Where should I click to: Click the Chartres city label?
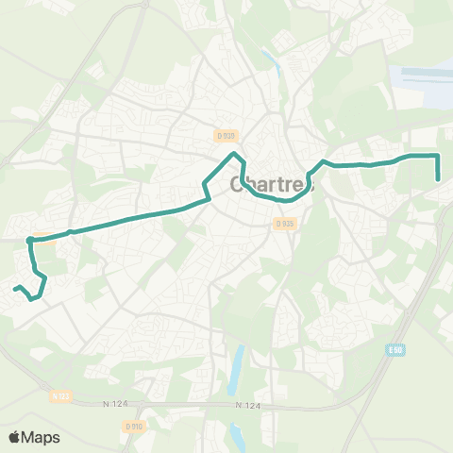273,185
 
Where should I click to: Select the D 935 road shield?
284,224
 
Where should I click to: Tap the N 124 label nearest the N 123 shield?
112,404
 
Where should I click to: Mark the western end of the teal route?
15,287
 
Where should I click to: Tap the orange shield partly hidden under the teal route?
42,236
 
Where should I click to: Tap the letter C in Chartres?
237,185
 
